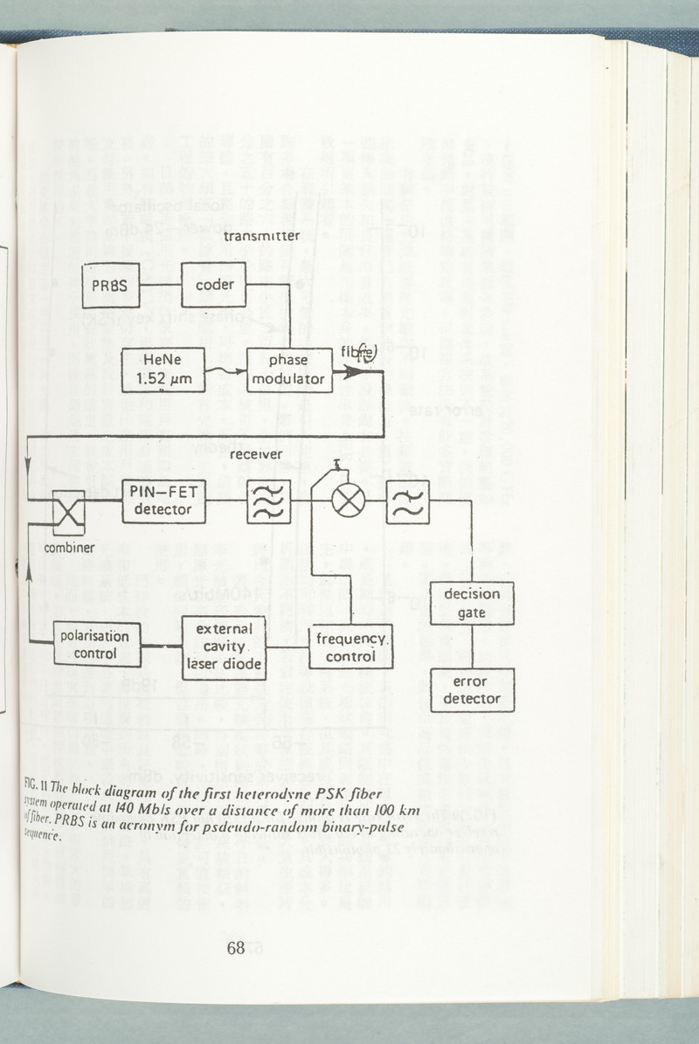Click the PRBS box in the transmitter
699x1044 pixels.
[111, 285]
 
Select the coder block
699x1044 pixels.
[214, 285]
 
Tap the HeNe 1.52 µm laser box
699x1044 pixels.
[163, 370]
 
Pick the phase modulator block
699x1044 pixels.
[289, 370]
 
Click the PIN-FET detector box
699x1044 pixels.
[163, 501]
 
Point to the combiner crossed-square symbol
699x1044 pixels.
[68, 512]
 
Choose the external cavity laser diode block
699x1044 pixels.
[224, 648]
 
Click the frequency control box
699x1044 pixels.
[350, 646]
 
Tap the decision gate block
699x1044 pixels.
[472, 603]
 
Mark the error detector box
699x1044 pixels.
[472, 689]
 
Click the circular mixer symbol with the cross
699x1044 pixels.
[349, 501]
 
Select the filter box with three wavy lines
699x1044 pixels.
[268, 501]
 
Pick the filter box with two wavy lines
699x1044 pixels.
[407, 501]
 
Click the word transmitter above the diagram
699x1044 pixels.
[262, 236]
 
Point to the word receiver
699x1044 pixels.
[255, 454]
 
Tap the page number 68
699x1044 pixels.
[235, 949]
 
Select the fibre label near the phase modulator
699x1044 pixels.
[358, 353]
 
